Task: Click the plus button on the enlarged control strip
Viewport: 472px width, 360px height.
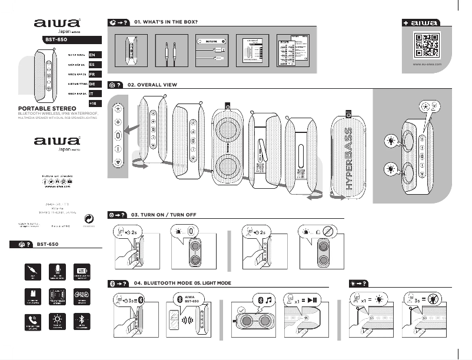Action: pyautogui.click(x=118, y=122)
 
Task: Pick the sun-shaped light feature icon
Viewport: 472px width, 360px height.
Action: pyautogui.click(x=57, y=319)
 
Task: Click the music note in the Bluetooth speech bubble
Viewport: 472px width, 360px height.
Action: pyautogui.click(x=268, y=300)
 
